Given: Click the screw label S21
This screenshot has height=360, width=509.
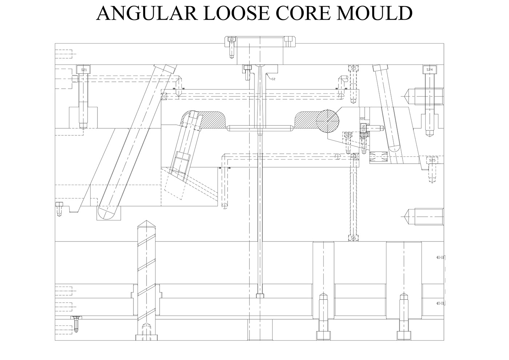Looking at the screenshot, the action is tap(84, 69).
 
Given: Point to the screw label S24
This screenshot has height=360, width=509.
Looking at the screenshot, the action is tap(429, 69).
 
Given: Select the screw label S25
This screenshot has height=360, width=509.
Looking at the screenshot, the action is tap(432, 160).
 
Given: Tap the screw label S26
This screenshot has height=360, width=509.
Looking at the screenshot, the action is tap(363, 128).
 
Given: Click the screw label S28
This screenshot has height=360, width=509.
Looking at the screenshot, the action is tap(348, 135).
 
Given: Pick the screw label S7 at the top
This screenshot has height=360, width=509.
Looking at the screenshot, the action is tap(231, 40).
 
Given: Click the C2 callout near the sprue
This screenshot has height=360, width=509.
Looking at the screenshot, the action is tap(273, 79).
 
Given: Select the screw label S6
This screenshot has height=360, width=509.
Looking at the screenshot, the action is tap(353, 238).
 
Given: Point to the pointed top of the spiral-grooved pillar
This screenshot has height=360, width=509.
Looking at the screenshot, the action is tap(146, 223).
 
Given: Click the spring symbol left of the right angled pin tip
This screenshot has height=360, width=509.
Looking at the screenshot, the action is tap(378, 157).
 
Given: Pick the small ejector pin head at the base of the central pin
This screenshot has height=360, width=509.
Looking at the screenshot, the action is tap(260, 296).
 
